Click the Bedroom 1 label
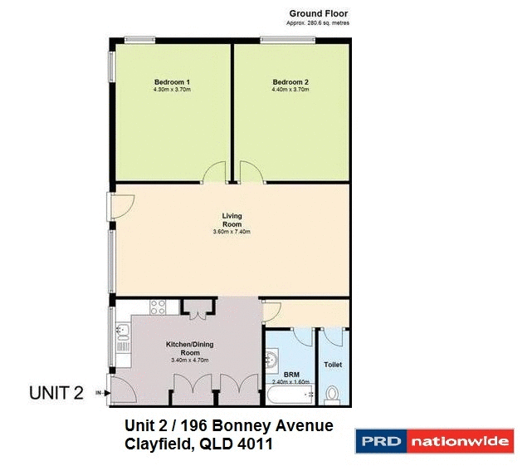point(172,81)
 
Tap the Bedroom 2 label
point(290,81)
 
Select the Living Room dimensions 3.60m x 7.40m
point(232,232)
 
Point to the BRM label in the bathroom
point(291,375)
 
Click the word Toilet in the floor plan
point(333,365)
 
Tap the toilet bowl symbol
point(333,394)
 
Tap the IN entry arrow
point(103,393)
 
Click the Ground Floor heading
point(319,13)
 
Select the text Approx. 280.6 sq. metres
point(319,24)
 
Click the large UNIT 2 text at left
point(56,393)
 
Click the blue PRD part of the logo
point(380,441)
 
